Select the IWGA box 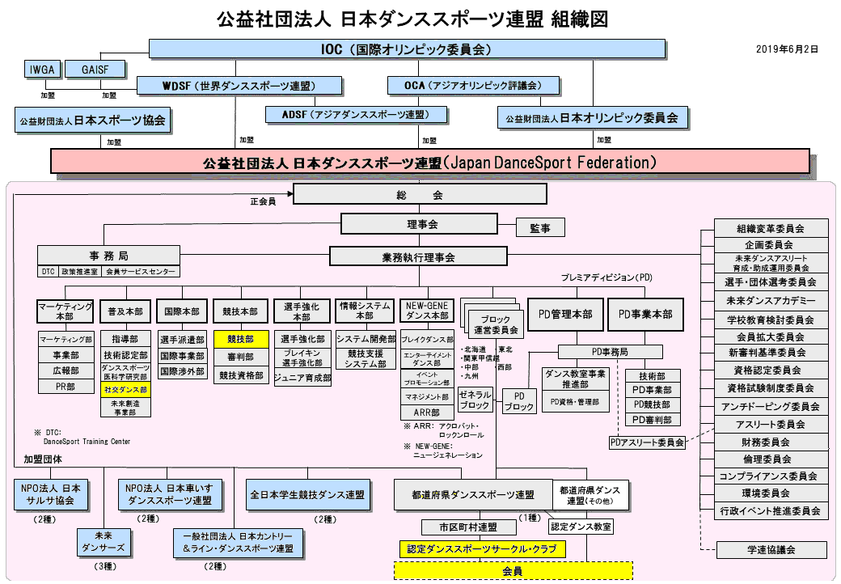click(x=42, y=70)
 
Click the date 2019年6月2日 click(x=787, y=49)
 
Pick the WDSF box click(x=239, y=86)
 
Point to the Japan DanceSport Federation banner click(x=429, y=162)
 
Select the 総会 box click(x=420, y=195)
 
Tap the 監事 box click(x=540, y=228)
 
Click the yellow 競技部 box click(x=240, y=339)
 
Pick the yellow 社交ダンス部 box click(x=125, y=389)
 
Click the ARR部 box click(x=426, y=413)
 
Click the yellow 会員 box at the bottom click(x=513, y=571)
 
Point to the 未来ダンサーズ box click(x=104, y=542)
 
